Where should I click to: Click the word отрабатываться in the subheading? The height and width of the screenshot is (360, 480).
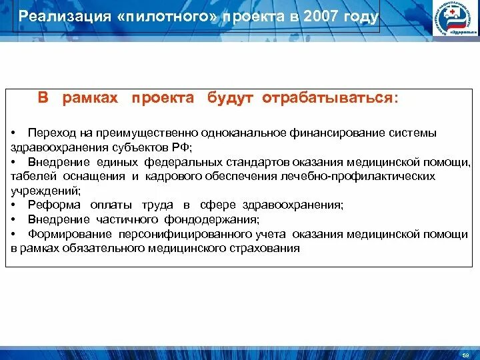point(329,98)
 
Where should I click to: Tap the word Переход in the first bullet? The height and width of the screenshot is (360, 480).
point(49,133)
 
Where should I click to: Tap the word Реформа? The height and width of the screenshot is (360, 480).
point(54,205)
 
